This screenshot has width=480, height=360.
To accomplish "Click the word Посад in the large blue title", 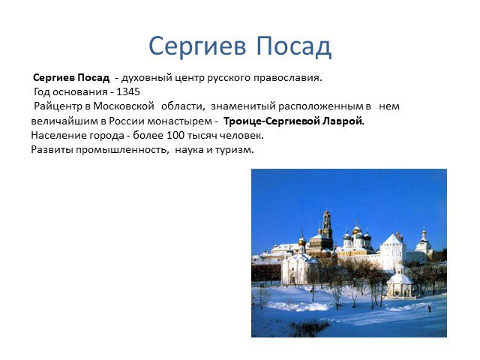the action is pos(294,46).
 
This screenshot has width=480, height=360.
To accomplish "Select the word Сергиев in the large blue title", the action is pos(197,46).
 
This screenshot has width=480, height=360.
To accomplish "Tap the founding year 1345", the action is pos(128,91).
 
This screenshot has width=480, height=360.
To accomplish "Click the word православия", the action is pos(288,78).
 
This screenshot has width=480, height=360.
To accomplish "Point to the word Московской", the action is pos(124,106).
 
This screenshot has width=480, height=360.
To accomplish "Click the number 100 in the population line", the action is pos(175,135).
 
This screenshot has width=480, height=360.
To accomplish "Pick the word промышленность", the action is pos(122,150).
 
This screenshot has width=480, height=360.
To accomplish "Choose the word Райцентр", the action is pos(58,106).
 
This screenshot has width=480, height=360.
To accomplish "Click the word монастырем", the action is pos(180,121).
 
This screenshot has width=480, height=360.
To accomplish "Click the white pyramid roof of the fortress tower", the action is pos(392,239).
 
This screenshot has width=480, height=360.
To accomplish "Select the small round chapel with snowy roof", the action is pos(399,283).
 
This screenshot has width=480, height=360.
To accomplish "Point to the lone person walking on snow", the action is pos(430,308).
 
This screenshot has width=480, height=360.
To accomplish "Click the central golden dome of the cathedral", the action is pos(356,229).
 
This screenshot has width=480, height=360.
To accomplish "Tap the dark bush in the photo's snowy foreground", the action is pos(309,328).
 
